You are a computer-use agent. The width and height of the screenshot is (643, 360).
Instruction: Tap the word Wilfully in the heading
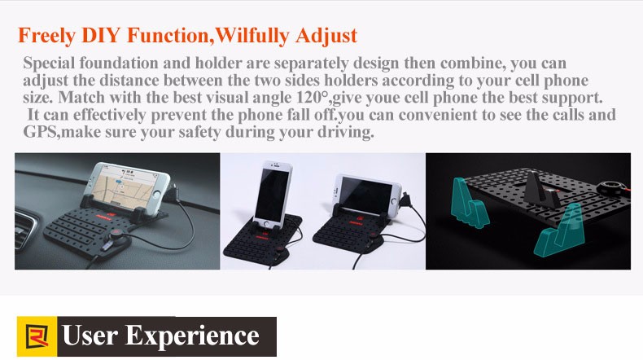coord(251,35)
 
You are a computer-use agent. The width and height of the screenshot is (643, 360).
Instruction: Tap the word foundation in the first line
coord(119,63)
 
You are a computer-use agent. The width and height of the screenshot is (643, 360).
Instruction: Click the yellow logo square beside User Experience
coord(37,336)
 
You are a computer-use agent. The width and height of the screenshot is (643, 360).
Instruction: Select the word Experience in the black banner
coord(192,336)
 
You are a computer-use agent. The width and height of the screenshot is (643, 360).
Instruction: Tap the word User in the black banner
coord(90,336)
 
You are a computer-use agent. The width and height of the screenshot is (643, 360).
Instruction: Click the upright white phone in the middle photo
coord(272,195)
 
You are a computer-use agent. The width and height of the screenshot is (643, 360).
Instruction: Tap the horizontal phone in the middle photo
coord(367,194)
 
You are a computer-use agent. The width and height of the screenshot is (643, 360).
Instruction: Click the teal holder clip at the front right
coord(559,231)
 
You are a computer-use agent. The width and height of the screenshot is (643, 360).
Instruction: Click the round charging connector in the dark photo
coord(611,188)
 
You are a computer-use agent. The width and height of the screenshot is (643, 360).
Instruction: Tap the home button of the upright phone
coord(266,224)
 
